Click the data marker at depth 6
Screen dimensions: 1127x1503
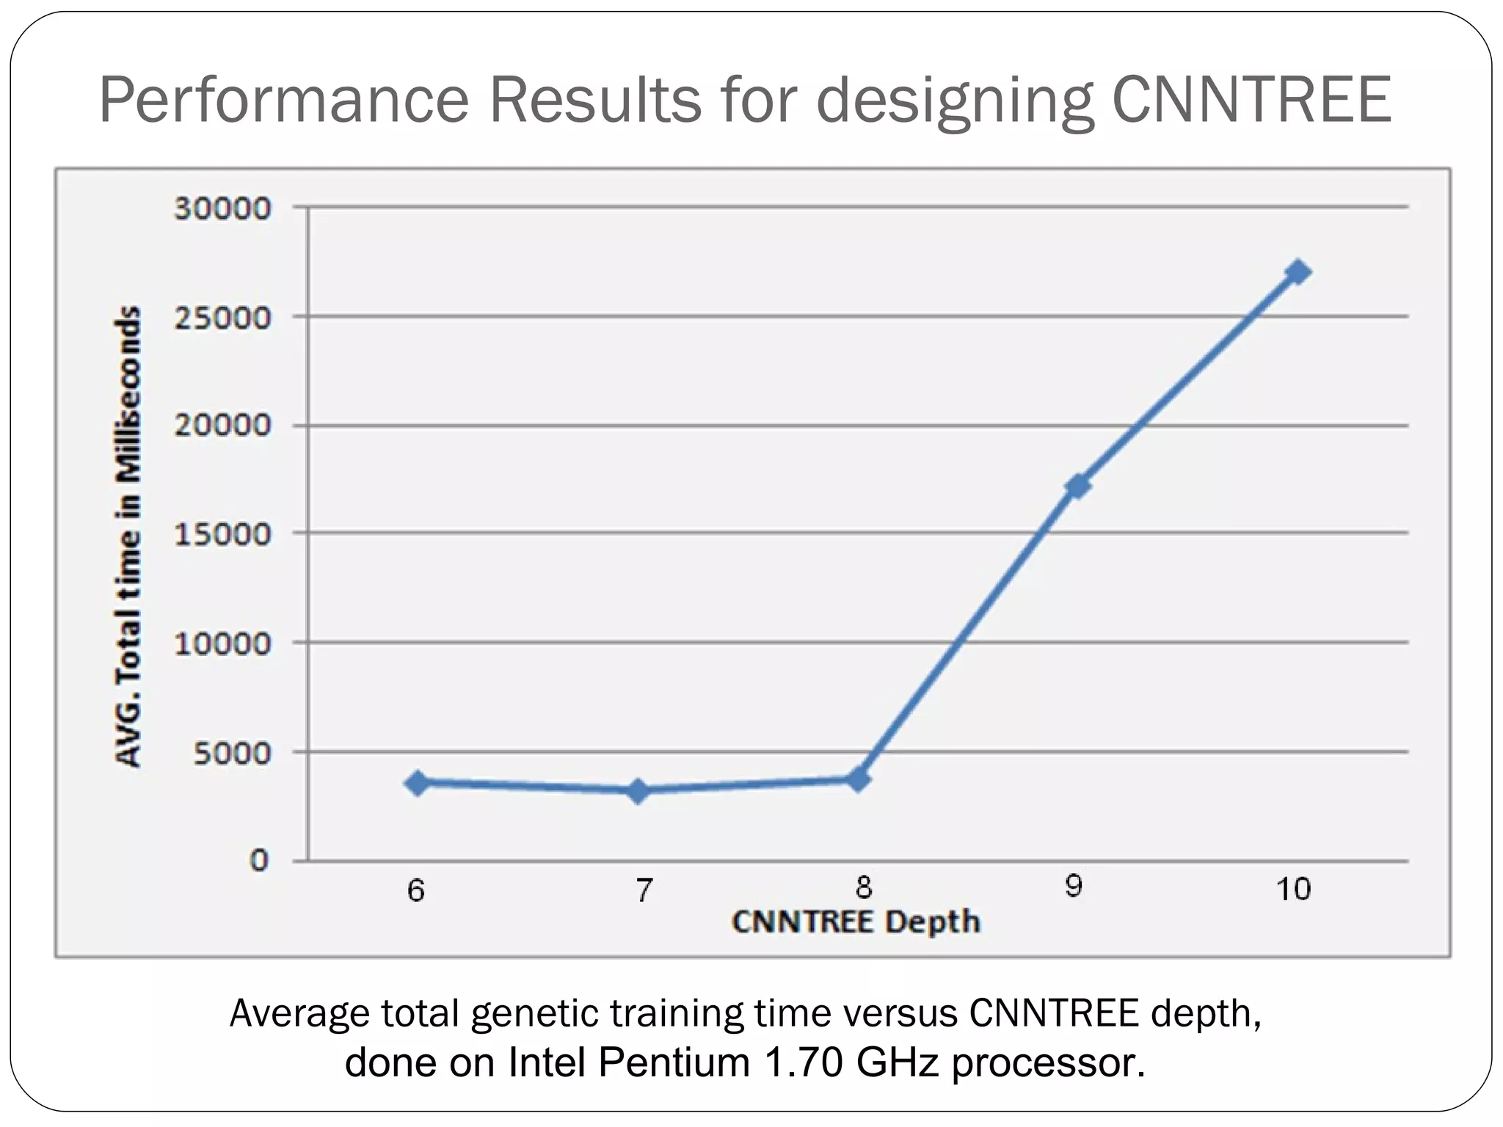click(418, 783)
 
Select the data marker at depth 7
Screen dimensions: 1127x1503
click(638, 791)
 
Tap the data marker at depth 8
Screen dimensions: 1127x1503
click(858, 779)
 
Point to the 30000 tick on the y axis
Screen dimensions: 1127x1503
click(222, 208)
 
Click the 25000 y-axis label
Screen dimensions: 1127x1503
click(222, 318)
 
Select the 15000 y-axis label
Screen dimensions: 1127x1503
click(222, 534)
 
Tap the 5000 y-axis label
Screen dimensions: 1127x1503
click(232, 753)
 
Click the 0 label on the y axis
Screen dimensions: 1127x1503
click(258, 861)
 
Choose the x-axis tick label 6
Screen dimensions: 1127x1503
click(416, 891)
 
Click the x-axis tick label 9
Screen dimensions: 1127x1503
click(1073, 887)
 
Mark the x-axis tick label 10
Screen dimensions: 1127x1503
click(1293, 889)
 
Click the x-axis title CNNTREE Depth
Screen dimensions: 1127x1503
click(856, 922)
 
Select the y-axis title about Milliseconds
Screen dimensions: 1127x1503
click(128, 536)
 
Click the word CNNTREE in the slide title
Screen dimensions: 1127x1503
click(1251, 99)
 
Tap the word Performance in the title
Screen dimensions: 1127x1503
click(283, 99)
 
